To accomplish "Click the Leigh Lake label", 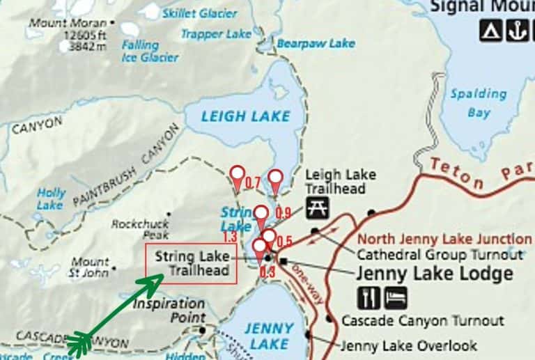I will coord(245,116).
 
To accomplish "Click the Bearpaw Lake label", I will coord(316,43).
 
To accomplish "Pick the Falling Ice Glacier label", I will coord(149,51).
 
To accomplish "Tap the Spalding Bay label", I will coord(478,102).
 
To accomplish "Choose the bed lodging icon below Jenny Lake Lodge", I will coord(396,297).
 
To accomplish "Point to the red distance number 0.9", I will coord(283,212).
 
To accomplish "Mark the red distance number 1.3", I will coord(231,237).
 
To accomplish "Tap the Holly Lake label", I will coord(51,198).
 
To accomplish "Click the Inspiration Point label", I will coord(169,310).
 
